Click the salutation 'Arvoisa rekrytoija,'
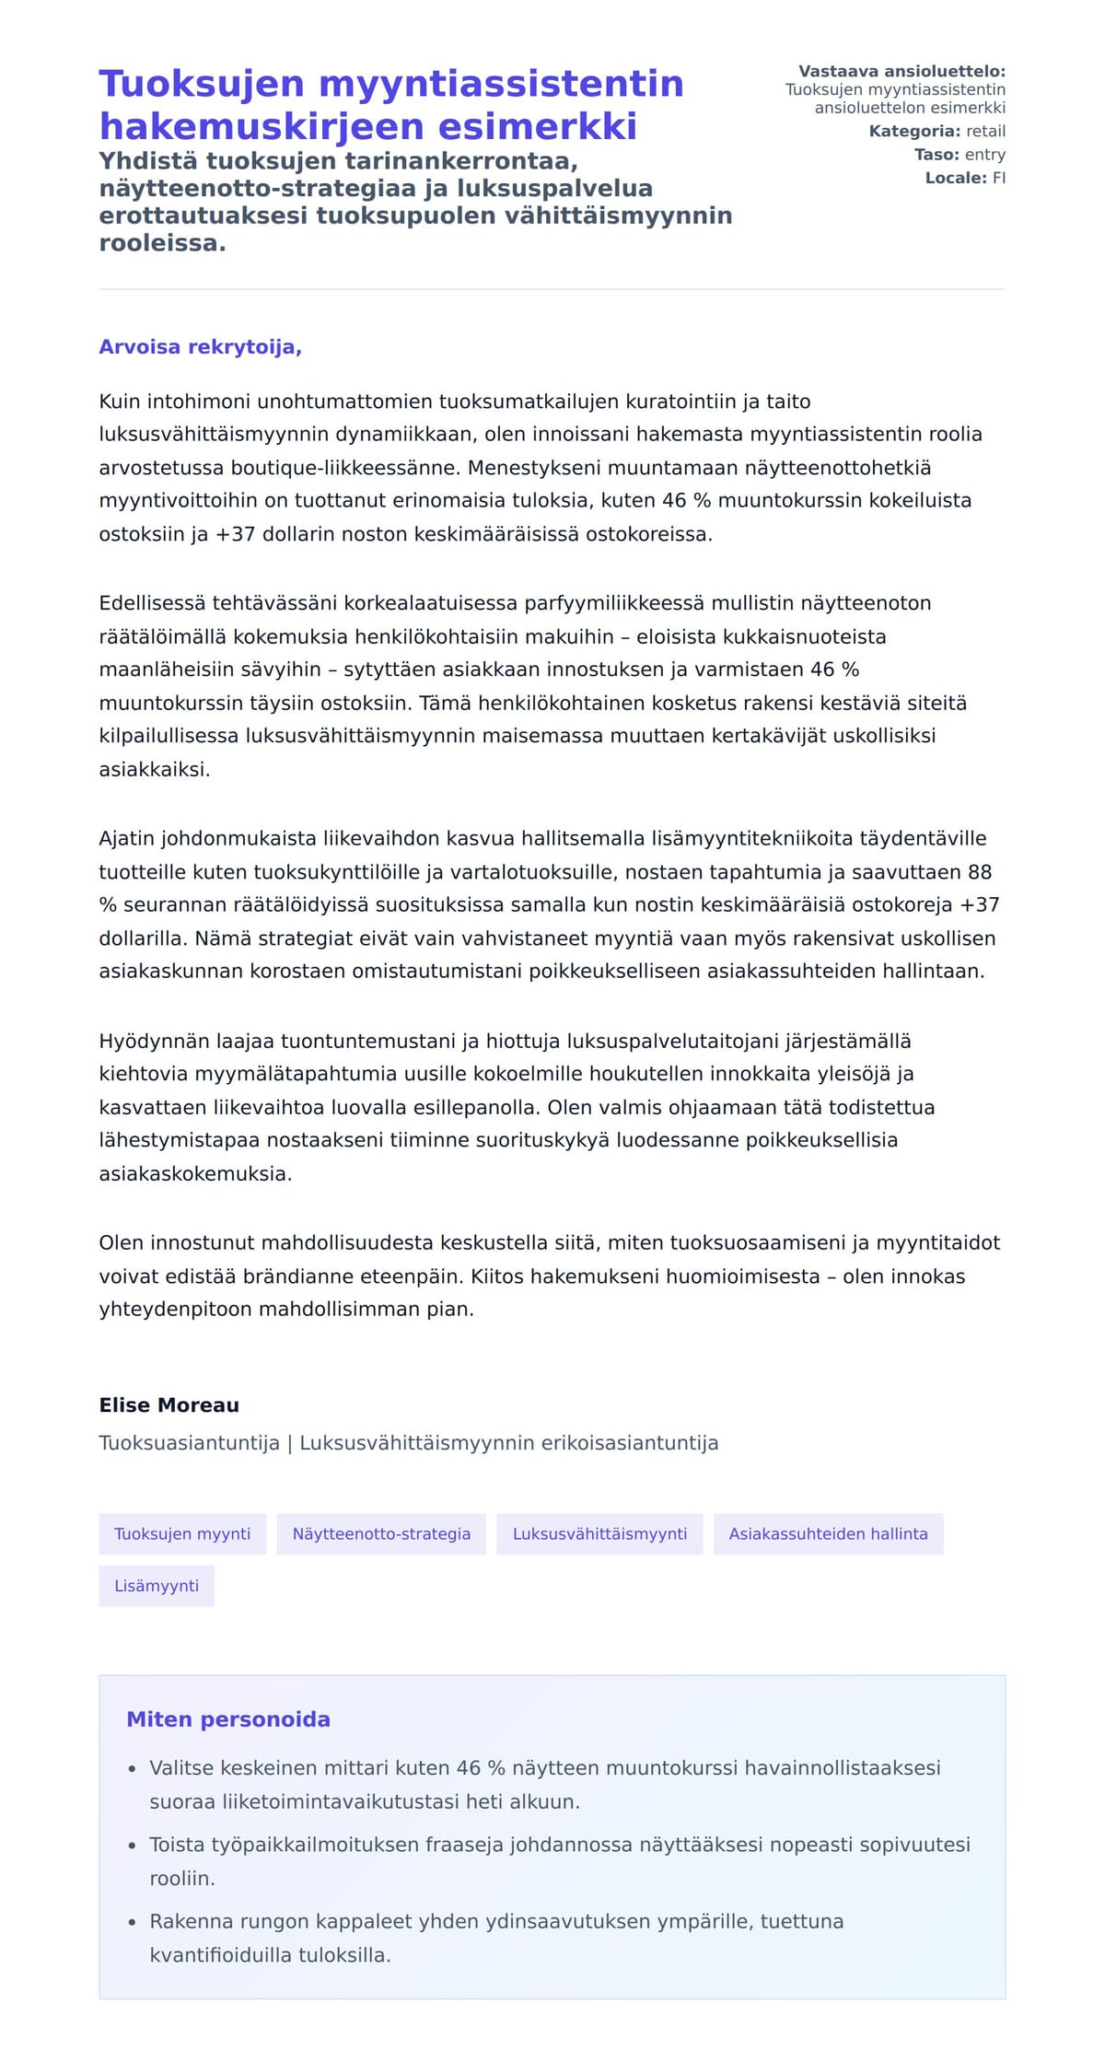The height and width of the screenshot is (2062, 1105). [200, 347]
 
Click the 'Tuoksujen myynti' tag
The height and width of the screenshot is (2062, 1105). [182, 1533]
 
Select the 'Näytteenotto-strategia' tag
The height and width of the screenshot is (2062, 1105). [381, 1533]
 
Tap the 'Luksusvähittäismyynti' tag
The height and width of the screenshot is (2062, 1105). [599, 1533]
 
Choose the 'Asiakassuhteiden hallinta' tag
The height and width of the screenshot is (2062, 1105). [828, 1533]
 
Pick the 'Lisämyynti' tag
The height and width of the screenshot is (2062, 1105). [157, 1586]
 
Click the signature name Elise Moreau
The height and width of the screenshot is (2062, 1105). [169, 1405]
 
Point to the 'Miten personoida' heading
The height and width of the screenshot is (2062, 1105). [228, 1719]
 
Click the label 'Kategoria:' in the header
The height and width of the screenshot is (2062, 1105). [914, 132]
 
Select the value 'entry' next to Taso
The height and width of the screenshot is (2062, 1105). [984, 155]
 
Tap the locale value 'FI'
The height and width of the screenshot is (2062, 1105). [998, 178]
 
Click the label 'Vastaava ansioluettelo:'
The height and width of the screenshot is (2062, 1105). [901, 72]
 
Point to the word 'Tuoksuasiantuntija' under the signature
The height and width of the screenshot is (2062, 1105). [189, 1443]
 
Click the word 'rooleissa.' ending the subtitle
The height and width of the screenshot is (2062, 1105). [162, 244]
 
